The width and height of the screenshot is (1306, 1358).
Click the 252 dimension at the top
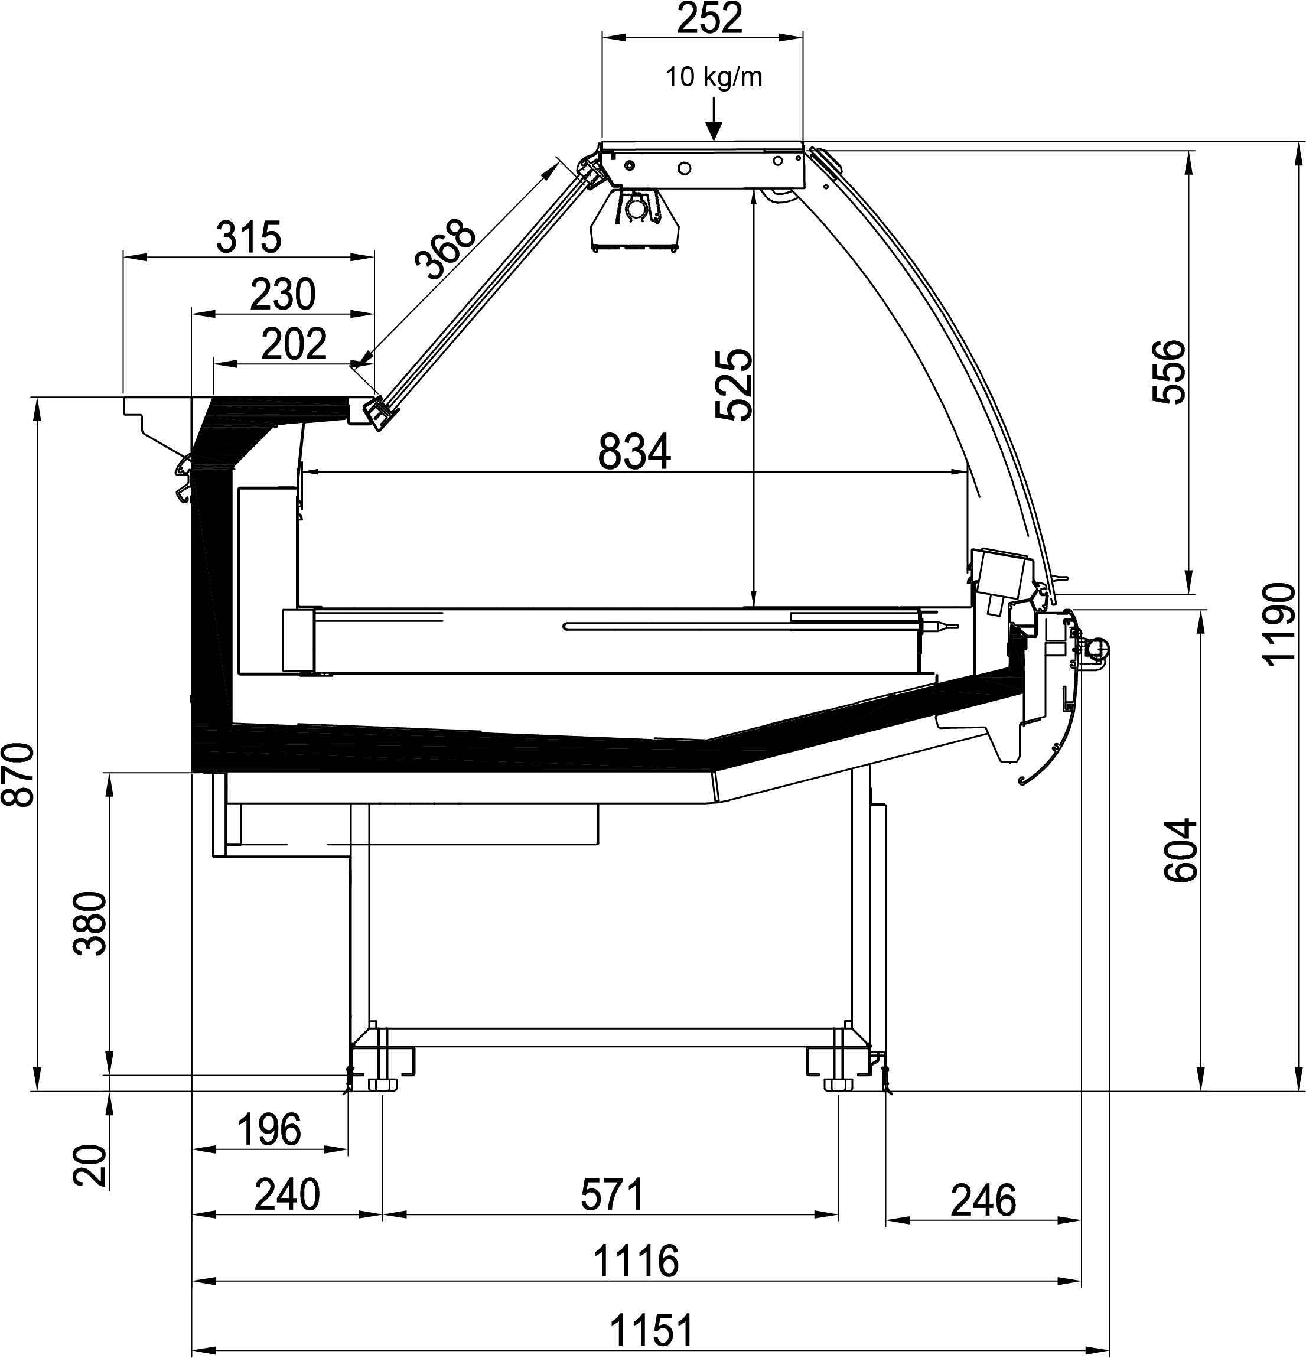click(x=709, y=19)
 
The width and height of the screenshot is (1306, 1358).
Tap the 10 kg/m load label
click(x=714, y=77)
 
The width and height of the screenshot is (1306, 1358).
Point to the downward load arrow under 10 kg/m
click(x=714, y=119)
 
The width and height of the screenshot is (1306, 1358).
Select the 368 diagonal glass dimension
click(x=445, y=249)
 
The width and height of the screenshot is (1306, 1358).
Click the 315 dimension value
click(x=249, y=237)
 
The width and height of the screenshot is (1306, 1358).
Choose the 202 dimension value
click(x=294, y=344)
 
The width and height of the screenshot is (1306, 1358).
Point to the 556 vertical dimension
click(x=1170, y=371)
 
